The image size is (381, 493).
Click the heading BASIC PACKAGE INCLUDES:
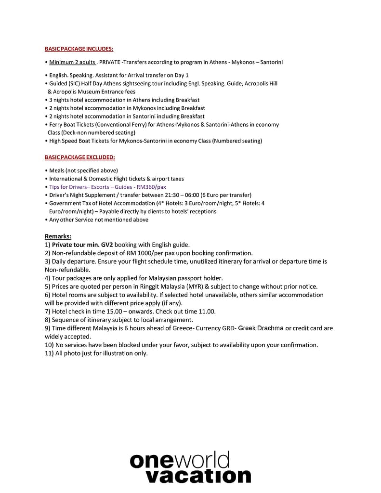click(79, 49)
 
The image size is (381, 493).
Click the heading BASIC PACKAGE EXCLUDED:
click(79, 157)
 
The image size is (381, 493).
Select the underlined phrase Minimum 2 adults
click(72, 62)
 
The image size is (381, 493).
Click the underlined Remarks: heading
click(58, 236)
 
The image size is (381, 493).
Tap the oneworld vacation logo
click(190, 467)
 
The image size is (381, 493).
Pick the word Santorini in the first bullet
click(271, 62)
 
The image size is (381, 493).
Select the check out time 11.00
click(207, 311)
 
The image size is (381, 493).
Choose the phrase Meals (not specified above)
click(83, 170)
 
